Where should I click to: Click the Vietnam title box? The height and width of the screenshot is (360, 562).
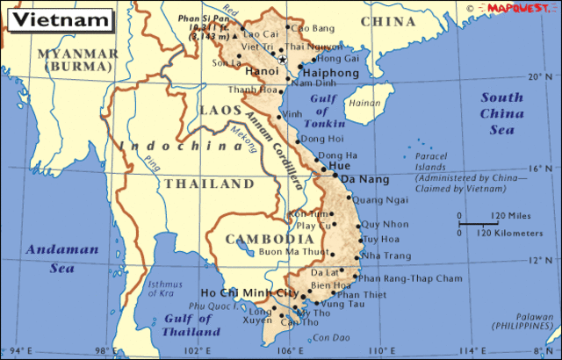click(58, 18)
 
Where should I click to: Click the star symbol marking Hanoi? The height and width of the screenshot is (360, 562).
click(283, 59)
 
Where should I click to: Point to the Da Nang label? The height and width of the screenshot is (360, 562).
click(360, 179)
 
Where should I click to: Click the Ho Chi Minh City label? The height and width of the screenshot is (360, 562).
click(250, 292)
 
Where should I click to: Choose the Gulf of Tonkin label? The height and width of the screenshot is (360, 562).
click(329, 112)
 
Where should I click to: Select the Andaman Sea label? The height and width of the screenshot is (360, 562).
click(50, 257)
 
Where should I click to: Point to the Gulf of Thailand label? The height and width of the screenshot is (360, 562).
click(191, 326)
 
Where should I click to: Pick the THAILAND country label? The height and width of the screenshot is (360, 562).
click(207, 184)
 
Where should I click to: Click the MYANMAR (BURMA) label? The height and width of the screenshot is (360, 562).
click(77, 60)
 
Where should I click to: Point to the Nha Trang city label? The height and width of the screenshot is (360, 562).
click(385, 256)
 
